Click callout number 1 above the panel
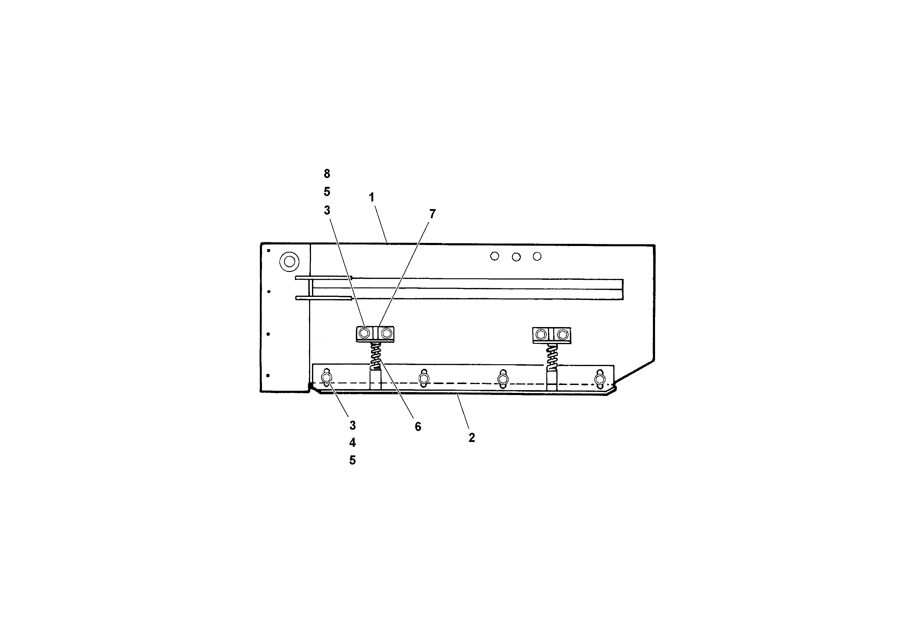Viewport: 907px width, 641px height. pos(371,198)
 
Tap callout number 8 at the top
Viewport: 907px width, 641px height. pos(327,173)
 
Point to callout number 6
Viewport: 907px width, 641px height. pos(418,426)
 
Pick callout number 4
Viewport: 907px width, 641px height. pos(353,443)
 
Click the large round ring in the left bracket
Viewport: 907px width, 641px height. pos(289,262)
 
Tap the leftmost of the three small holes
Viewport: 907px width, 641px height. pos(494,256)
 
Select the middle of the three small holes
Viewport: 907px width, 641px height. pos(516,257)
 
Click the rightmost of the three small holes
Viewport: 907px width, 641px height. pos(537,256)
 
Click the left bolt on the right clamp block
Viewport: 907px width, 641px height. pos(541,335)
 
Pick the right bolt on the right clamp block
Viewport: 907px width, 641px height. pos(562,335)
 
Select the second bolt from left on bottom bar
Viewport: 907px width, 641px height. pos(424,379)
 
